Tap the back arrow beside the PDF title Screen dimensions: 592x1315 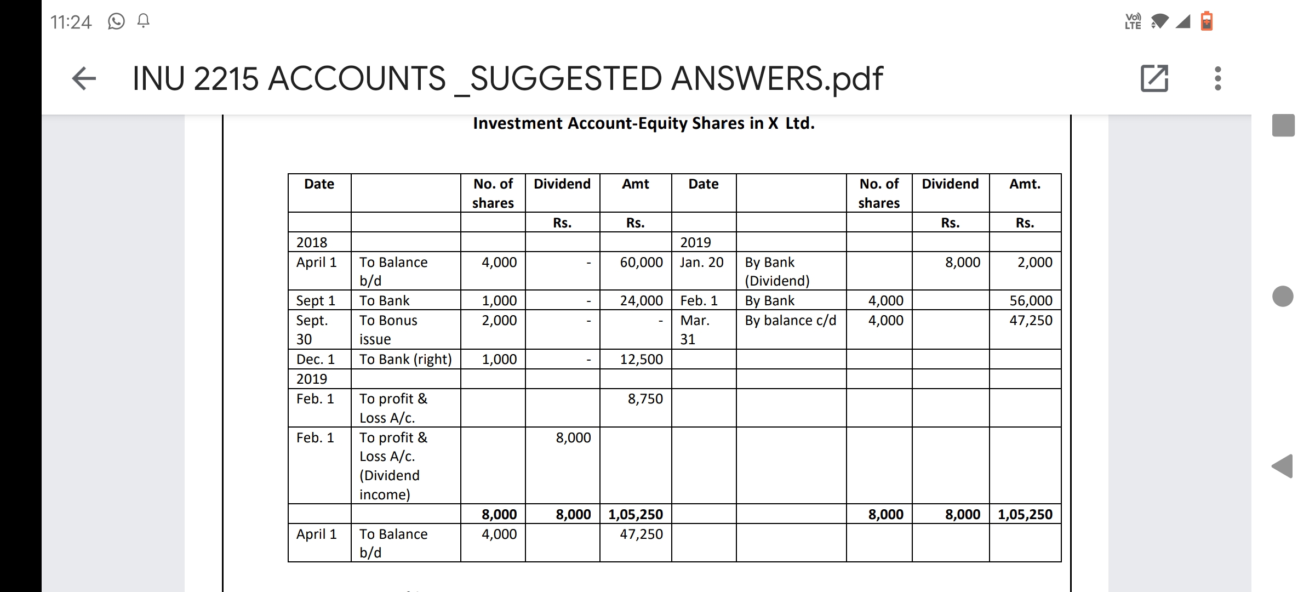[84, 78]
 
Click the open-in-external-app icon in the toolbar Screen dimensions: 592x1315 [1154, 78]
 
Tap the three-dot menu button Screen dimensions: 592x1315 [1217, 78]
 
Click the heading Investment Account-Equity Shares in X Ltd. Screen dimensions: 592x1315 [643, 123]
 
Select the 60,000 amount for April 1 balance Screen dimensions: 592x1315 [641, 263]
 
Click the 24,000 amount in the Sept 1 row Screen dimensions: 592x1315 [641, 301]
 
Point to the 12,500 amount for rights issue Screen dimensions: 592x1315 [641, 360]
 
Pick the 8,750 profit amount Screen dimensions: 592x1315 [645, 399]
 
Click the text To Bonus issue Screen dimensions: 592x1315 [388, 329]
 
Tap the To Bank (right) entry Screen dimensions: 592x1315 [405, 360]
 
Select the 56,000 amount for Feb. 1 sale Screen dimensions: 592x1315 [1031, 301]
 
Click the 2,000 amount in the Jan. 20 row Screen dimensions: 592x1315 [1034, 263]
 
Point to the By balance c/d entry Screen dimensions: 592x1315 [790, 321]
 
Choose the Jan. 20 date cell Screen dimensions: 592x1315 [701, 263]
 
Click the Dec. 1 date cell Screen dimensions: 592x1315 [315, 360]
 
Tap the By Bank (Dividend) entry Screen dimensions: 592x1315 [776, 271]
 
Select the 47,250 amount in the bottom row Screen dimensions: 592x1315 [641, 534]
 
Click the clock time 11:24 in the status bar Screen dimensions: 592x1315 [71, 22]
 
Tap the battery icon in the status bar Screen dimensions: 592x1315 [1206, 22]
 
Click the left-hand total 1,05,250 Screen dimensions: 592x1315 [636, 515]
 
